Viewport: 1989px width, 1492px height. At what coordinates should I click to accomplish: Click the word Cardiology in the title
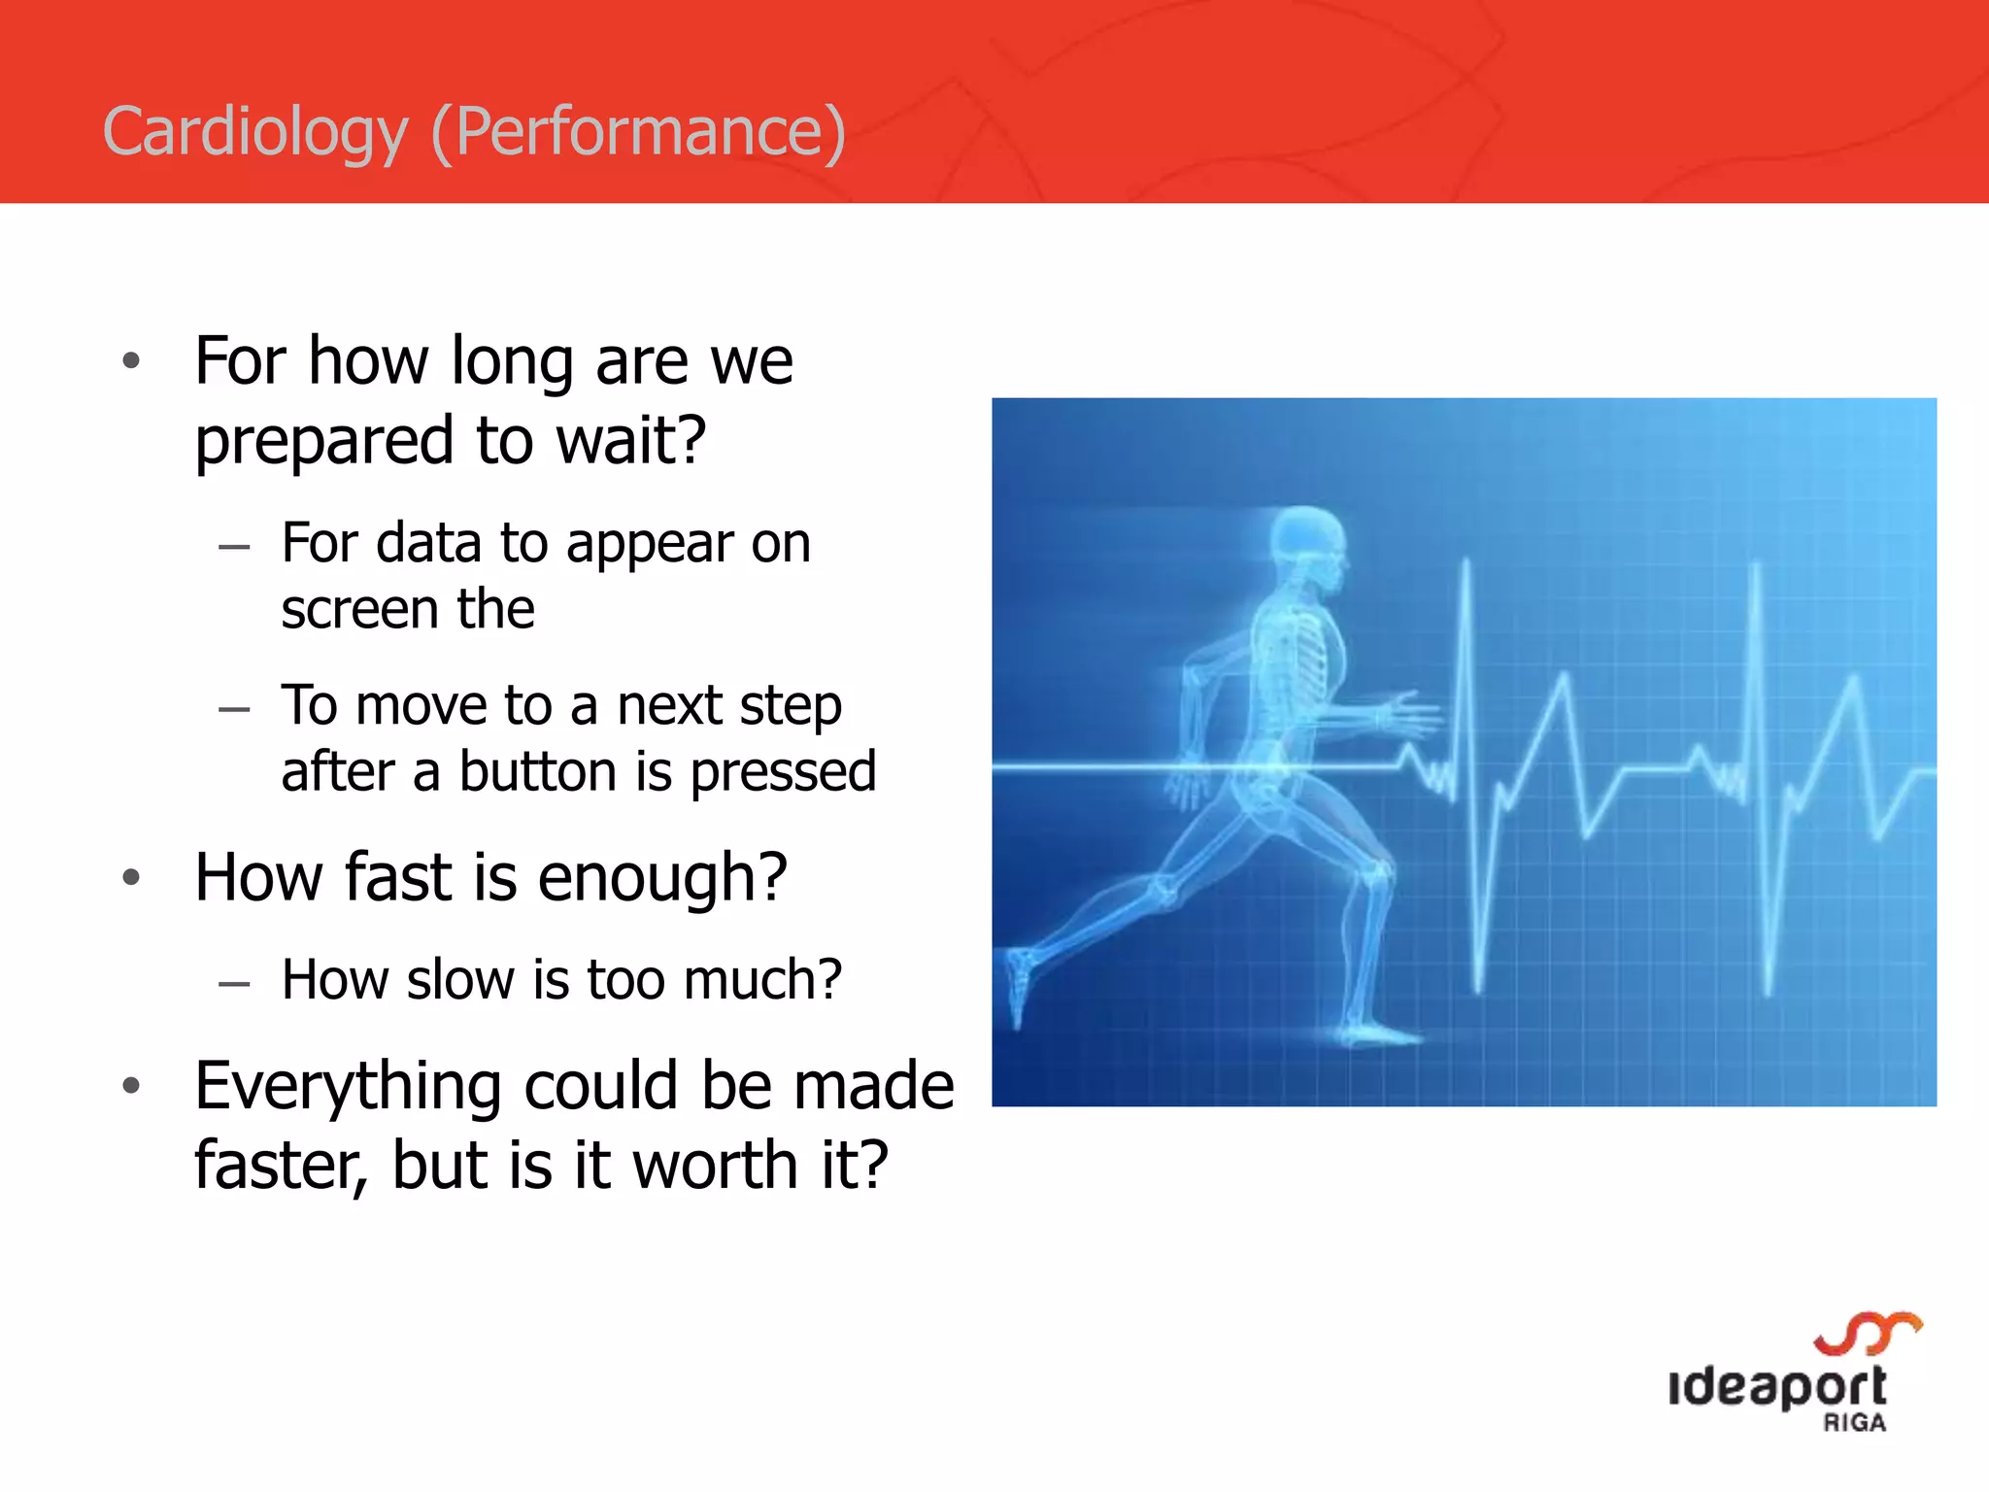pyautogui.click(x=254, y=132)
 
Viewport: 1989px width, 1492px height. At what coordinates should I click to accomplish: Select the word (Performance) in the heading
pyautogui.click(x=638, y=132)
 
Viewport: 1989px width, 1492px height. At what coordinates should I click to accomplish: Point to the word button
pyautogui.click(x=540, y=772)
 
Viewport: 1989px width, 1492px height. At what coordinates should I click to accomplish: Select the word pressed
pyautogui.click(x=783, y=772)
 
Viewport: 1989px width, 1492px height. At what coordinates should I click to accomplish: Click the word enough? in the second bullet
pyautogui.click(x=661, y=877)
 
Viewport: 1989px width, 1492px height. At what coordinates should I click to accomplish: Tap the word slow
pyautogui.click(x=460, y=979)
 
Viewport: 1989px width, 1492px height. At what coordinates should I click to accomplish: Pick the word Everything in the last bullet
pyautogui.click(x=347, y=1086)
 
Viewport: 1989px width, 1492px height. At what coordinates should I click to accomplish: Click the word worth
pyautogui.click(x=715, y=1165)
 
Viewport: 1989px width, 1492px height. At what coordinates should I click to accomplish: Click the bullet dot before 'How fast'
pyautogui.click(x=132, y=878)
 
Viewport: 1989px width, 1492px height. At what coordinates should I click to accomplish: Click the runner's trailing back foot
pyautogui.click(x=1018, y=981)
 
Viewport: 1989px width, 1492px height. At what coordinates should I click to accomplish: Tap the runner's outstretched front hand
pyautogui.click(x=1408, y=714)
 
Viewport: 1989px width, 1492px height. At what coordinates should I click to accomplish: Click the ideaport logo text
pyautogui.click(x=1776, y=1386)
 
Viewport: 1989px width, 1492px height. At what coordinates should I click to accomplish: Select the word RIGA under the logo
pyautogui.click(x=1854, y=1423)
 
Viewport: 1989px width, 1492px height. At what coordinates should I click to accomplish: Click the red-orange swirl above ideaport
pyautogui.click(x=1867, y=1333)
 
